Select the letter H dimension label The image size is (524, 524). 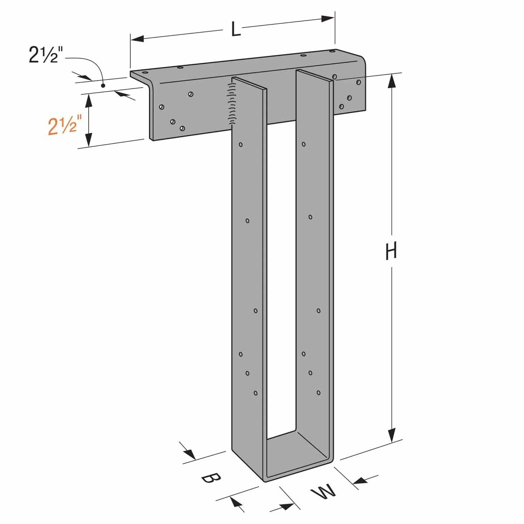pos(391,252)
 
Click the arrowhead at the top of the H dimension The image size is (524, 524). pos(393,81)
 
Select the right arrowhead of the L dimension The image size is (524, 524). pos(328,19)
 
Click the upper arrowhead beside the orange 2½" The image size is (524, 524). pos(89,100)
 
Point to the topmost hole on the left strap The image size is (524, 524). pos(241,144)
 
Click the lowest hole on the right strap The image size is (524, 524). pos(319,393)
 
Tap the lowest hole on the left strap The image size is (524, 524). pos(256,393)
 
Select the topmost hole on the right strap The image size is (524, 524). pos(303,144)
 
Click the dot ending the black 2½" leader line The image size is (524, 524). pos(102,86)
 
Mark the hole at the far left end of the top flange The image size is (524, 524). pos(145,73)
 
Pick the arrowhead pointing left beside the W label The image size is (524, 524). pos(359,481)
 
